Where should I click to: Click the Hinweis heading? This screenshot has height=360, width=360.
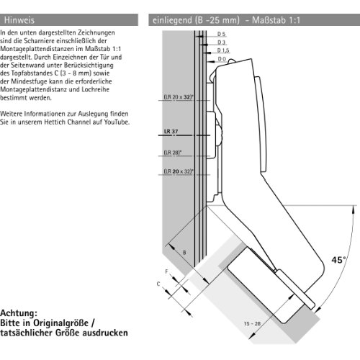[x=19, y=20]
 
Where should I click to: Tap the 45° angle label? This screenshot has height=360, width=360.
[x=339, y=259]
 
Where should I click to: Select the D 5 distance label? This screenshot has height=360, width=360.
[x=222, y=34]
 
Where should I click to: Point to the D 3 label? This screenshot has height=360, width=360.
[x=222, y=42]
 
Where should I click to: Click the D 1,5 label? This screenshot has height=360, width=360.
[x=223, y=50]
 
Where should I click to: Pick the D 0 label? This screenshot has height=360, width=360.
[x=222, y=59]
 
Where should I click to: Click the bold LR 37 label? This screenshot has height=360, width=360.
[x=171, y=131]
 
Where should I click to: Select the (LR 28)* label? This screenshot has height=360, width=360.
[x=173, y=153]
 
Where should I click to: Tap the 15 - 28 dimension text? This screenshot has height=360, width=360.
[x=252, y=323]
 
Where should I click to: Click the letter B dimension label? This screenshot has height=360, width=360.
[x=184, y=253]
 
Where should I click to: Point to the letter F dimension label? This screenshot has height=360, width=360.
[x=167, y=271]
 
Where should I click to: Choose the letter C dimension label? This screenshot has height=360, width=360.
[x=158, y=284]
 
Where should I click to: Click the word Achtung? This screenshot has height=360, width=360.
[x=19, y=313]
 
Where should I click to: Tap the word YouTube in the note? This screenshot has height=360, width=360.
[x=117, y=122]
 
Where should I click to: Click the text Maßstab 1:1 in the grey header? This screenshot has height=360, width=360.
[x=276, y=20]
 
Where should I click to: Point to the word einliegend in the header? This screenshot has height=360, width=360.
[x=172, y=20]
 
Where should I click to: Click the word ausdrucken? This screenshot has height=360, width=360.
[x=105, y=333]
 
